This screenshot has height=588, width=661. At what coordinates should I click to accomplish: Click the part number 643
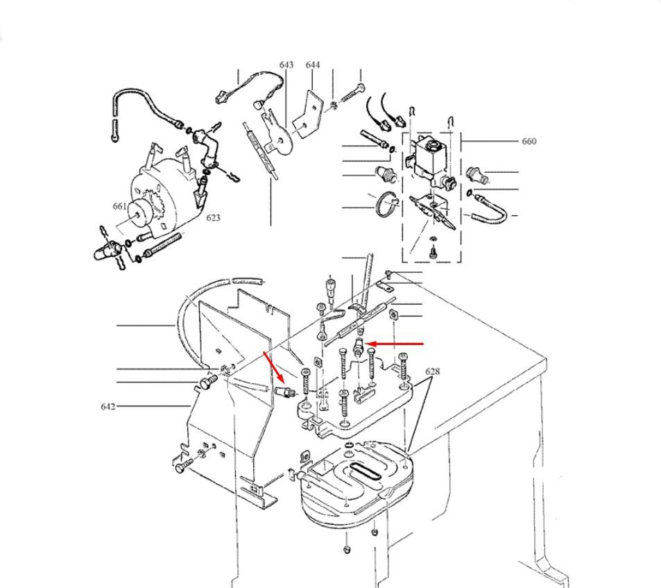286,65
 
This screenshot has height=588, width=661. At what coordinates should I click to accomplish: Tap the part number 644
313,65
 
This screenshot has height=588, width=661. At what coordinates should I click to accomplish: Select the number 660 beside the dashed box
529,142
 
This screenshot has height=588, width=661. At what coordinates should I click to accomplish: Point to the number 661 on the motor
119,206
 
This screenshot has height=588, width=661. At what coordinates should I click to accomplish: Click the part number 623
213,218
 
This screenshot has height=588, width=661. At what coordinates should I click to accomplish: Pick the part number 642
108,406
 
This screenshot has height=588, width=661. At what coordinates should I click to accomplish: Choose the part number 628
432,372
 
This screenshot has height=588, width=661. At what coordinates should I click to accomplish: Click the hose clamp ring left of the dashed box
388,205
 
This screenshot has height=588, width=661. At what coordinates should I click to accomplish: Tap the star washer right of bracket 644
334,105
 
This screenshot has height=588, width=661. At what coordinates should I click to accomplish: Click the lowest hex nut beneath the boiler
347,551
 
